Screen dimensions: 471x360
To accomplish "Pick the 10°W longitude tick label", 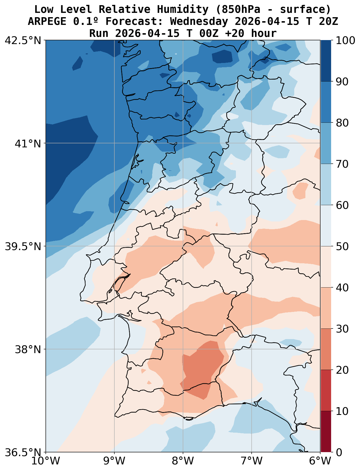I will click(46, 461).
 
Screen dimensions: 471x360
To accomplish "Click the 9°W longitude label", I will click(114, 461).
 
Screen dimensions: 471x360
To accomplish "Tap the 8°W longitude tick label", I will click(183, 461).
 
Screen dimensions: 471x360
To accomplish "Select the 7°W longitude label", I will click(252, 461).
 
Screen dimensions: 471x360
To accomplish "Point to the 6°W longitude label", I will click(320, 461).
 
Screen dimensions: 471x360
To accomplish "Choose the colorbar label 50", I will click(342, 246).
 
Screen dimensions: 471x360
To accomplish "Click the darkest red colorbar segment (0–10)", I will click(326, 432).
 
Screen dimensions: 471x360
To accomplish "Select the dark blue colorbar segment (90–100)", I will click(326, 61).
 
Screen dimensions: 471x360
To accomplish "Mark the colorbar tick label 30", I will click(342, 329).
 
